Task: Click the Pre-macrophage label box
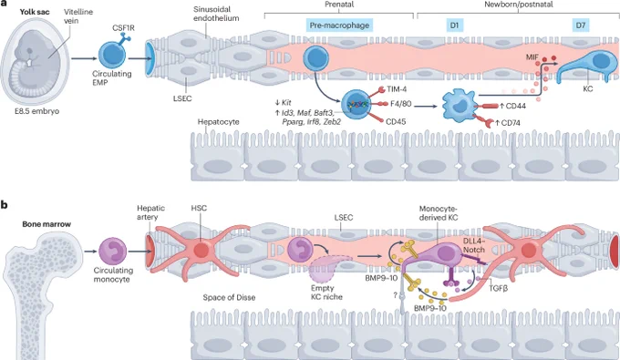339,26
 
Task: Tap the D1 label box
454,26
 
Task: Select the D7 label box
581,26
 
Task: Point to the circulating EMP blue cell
112,55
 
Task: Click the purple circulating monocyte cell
112,252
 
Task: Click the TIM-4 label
398,89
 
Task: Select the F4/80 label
400,104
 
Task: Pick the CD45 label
396,122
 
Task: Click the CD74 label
511,123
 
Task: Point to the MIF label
532,57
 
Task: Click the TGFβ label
498,289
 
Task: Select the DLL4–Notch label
474,245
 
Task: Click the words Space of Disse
229,297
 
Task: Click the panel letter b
5,205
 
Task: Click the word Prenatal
339,5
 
